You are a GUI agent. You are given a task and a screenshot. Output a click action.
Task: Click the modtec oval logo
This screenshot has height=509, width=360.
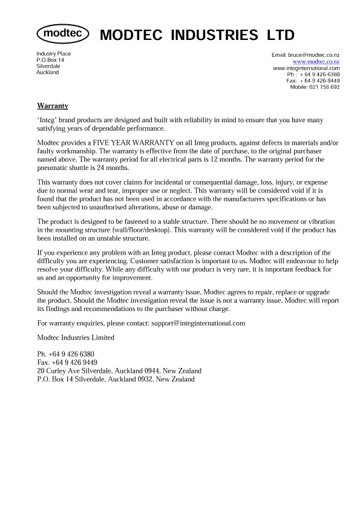63,34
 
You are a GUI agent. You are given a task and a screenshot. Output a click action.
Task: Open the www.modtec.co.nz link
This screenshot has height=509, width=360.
316,62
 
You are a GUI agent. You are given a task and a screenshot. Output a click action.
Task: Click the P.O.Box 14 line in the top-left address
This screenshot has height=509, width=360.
50,61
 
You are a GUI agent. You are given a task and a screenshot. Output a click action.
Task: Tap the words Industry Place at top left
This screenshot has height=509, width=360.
54,54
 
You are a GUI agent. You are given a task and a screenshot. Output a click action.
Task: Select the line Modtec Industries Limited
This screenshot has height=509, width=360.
76,337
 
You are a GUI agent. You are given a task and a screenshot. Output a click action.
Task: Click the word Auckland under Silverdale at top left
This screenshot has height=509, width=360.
48,73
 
